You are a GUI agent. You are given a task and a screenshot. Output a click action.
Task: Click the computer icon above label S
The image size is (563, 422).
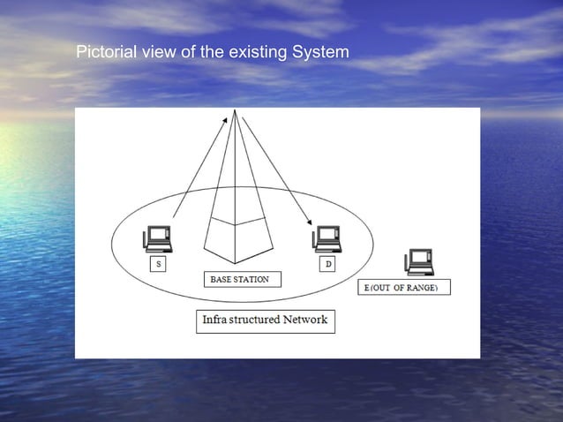pos(157,237)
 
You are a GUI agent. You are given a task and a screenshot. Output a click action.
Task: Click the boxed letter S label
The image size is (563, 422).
pos(159,264)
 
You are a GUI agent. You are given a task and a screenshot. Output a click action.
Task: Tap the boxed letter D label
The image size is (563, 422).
pos(328,265)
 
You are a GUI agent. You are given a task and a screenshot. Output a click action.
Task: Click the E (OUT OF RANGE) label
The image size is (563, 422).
pos(402,288)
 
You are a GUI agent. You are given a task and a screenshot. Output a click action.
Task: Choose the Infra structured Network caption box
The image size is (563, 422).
pos(265,320)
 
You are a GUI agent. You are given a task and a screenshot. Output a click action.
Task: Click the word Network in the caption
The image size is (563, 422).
pos(304,320)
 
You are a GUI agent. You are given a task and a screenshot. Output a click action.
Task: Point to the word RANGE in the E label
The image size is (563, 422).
pos(420,288)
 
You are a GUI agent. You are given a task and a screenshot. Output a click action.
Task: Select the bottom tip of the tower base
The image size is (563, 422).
pos(234,263)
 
